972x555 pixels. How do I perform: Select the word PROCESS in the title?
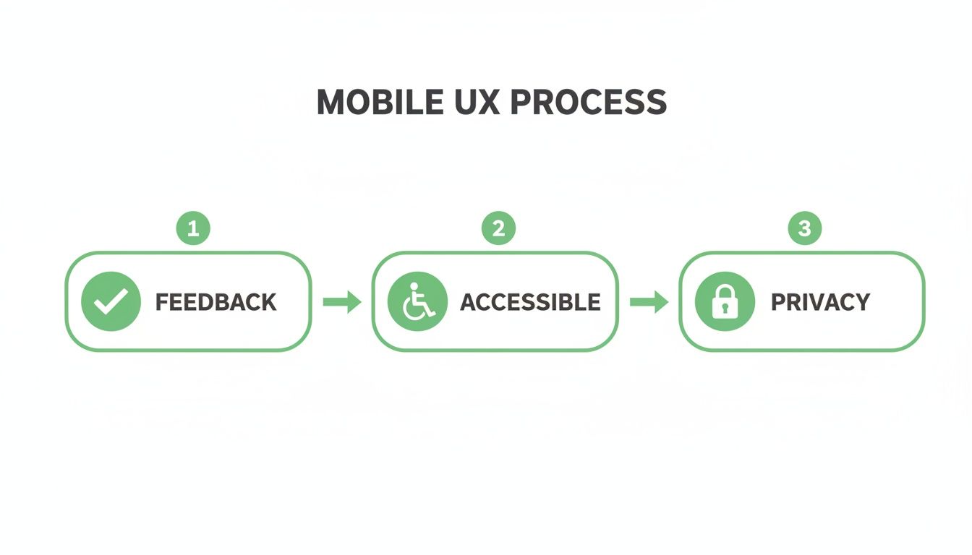588,103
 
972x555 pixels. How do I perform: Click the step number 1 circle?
193,229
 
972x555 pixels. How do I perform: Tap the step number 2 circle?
498,229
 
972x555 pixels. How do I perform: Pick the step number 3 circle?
804,229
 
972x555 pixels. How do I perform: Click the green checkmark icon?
111,302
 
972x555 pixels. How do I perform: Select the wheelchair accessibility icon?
417,302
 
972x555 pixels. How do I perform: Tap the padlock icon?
724,302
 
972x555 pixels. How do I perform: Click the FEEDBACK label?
216,302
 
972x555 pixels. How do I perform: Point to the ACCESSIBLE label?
530,302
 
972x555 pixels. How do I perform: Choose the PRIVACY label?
820,302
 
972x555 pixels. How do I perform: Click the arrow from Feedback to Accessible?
342,302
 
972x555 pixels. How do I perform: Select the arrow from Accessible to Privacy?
649,302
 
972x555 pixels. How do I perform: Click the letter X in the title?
487,103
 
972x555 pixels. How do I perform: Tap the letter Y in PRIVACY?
861,302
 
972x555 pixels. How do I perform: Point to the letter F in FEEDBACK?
162,302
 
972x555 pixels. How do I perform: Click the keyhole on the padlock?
724,309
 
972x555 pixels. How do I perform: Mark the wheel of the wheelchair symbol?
414,310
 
